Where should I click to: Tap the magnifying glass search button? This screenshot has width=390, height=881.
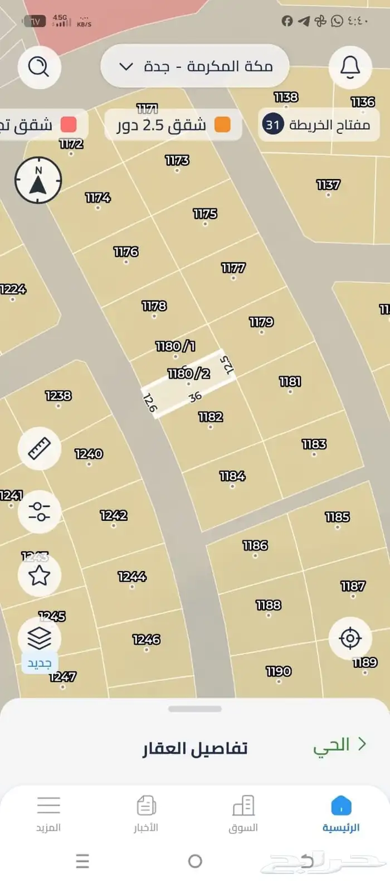coord(38,67)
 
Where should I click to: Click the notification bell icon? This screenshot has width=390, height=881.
coord(350,67)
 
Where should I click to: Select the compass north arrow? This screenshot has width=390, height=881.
coord(38,180)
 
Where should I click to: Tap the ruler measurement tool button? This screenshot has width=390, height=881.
coord(39,448)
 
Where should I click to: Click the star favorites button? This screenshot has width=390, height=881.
coord(39,575)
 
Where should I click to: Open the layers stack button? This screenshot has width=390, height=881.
coord(39,638)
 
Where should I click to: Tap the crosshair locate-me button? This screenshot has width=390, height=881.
coord(350,638)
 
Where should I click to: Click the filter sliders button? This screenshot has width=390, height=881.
coord(39,511)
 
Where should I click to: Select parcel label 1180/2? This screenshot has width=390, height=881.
coord(189,374)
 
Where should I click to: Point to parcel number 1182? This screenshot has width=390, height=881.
coord(211,417)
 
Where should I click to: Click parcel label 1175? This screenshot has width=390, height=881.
coord(205,214)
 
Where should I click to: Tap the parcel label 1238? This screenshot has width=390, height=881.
coord(58,396)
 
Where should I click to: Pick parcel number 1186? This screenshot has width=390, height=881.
coord(255,546)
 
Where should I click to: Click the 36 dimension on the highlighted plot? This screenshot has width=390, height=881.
coord(195,397)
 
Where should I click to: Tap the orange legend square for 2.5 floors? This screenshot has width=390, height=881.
coord(222,124)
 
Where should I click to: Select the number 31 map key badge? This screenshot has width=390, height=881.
coord(272,124)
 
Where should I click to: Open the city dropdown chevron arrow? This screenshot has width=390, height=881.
coord(126,67)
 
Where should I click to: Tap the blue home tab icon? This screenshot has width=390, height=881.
coord(341,806)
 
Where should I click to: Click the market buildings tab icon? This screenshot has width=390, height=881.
coord(243,806)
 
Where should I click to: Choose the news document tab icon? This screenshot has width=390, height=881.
coord(146,806)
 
